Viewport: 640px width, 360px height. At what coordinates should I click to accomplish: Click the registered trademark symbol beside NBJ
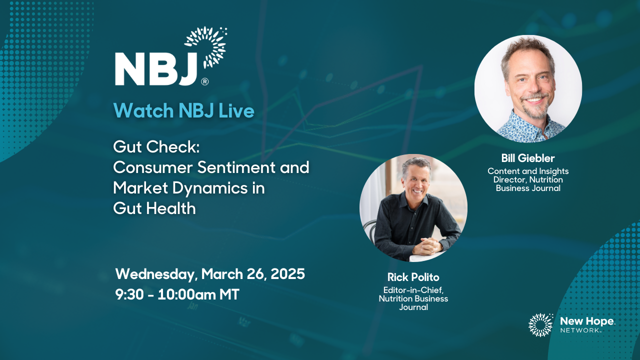(x=205, y=81)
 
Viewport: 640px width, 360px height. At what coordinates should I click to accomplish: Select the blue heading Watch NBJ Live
(x=183, y=110)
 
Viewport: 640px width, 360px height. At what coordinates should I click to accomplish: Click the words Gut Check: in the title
(x=156, y=147)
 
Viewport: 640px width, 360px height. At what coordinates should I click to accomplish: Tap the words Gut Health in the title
(x=154, y=208)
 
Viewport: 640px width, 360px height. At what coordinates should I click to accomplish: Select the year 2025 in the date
(x=287, y=273)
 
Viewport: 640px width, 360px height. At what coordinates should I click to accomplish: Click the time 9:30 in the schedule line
(x=129, y=294)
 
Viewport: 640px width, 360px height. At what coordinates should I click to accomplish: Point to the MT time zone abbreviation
(x=229, y=294)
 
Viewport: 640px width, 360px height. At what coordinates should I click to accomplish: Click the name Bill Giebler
(x=528, y=158)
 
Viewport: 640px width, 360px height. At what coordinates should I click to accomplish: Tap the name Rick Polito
(x=413, y=277)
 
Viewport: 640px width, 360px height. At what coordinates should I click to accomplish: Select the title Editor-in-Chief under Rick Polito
(x=413, y=290)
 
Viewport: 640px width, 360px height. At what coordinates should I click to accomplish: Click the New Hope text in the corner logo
(x=587, y=321)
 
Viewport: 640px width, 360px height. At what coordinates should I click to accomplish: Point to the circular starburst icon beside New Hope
(x=541, y=325)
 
